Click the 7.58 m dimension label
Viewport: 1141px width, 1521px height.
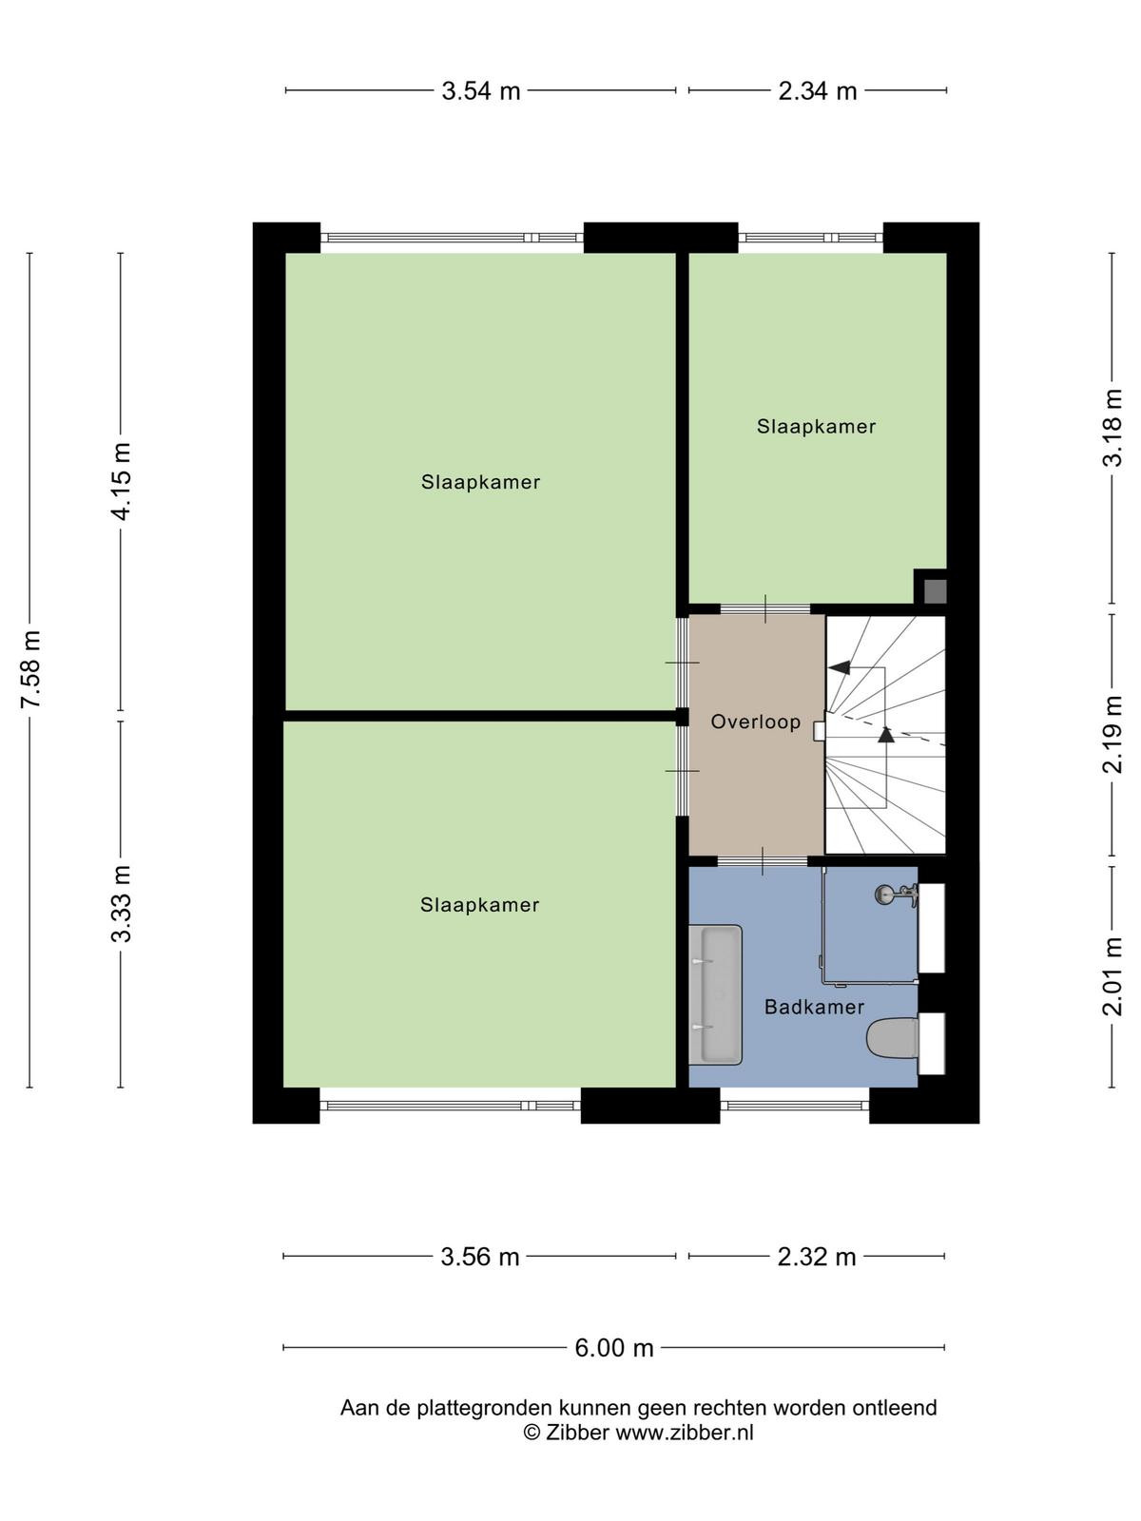(31, 668)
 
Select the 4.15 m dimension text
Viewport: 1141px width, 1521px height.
(122, 481)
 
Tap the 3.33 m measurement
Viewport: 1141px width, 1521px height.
(122, 904)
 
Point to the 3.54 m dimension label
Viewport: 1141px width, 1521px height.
(481, 90)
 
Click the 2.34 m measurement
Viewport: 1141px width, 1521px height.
(818, 90)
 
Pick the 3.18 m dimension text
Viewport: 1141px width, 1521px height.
(1112, 428)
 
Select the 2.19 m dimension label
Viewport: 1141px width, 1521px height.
(1112, 735)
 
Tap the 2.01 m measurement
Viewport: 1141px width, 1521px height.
(1112, 975)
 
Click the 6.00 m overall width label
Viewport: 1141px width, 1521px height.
(614, 1348)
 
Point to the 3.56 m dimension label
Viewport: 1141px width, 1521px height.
(479, 1257)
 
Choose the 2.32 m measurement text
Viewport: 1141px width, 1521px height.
(816, 1257)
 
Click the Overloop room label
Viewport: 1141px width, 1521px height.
(755, 722)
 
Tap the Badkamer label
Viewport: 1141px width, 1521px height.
(814, 1007)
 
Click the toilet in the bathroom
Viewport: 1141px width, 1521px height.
(892, 1038)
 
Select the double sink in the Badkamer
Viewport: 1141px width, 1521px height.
(716, 994)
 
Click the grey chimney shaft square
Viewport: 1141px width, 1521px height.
(936, 591)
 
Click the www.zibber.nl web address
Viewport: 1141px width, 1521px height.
(684, 1433)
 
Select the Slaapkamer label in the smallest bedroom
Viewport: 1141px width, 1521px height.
(816, 426)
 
